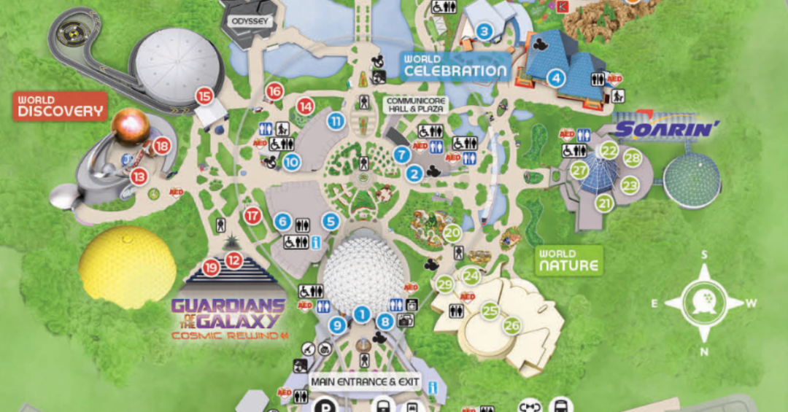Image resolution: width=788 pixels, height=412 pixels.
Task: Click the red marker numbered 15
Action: [204, 96]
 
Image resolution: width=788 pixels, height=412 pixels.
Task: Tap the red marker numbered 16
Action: [274, 91]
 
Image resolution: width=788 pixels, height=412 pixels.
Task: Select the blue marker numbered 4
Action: [557, 77]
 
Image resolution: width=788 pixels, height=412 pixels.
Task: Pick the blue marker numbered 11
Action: [336, 121]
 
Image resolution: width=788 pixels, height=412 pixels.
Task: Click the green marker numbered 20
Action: [452, 233]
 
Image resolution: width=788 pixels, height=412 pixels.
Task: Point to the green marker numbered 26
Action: [512, 325]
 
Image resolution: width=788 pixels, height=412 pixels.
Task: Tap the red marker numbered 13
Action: [138, 176]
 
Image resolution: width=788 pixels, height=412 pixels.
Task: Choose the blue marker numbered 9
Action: [337, 326]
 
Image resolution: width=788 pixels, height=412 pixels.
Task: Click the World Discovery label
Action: [61, 106]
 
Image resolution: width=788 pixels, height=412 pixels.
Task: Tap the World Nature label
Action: [569, 261]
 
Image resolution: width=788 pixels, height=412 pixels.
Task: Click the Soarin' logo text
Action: [667, 130]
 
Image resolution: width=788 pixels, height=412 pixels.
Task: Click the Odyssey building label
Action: [251, 22]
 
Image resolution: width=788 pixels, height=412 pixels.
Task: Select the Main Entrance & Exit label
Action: [368, 381]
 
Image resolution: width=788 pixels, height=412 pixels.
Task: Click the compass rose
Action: [705, 302]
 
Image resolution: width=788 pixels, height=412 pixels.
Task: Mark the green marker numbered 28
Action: [632, 158]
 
